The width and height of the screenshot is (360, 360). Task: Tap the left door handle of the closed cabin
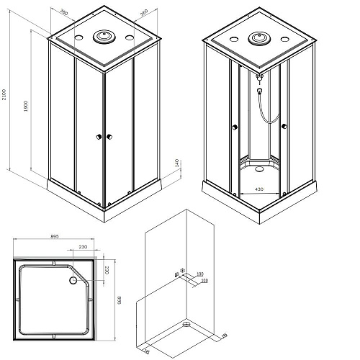[x=96, y=136]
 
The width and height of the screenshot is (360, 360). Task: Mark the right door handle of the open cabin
[x=286, y=127]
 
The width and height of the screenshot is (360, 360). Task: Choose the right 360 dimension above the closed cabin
[x=143, y=12]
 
